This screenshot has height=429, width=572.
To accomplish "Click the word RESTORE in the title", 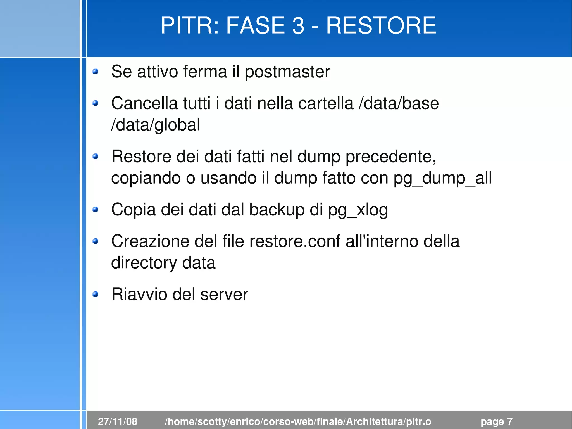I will point(381,25).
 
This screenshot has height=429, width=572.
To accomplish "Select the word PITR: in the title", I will point(190,25).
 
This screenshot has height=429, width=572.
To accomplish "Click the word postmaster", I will point(287,72).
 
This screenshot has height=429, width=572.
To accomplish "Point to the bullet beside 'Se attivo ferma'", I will point(96,72).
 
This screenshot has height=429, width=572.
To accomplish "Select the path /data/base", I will point(399,103).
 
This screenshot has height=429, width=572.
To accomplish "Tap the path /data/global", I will point(156,125).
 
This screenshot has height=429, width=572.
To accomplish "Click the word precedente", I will point(391,157).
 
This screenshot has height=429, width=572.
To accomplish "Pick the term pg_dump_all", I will point(443,178).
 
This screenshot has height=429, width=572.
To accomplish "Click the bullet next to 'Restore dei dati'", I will point(96,157).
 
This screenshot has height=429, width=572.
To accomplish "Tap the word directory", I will point(144,263).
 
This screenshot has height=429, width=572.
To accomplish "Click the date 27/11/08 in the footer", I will point(118,421).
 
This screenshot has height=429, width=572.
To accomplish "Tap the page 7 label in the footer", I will point(496,421).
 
